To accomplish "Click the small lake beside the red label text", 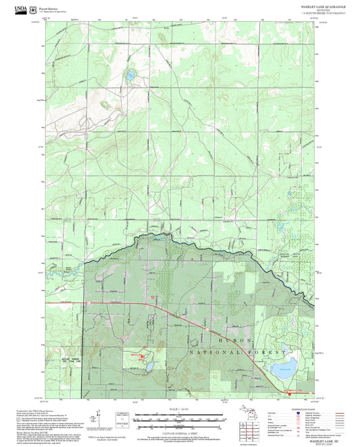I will click(149, 367).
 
